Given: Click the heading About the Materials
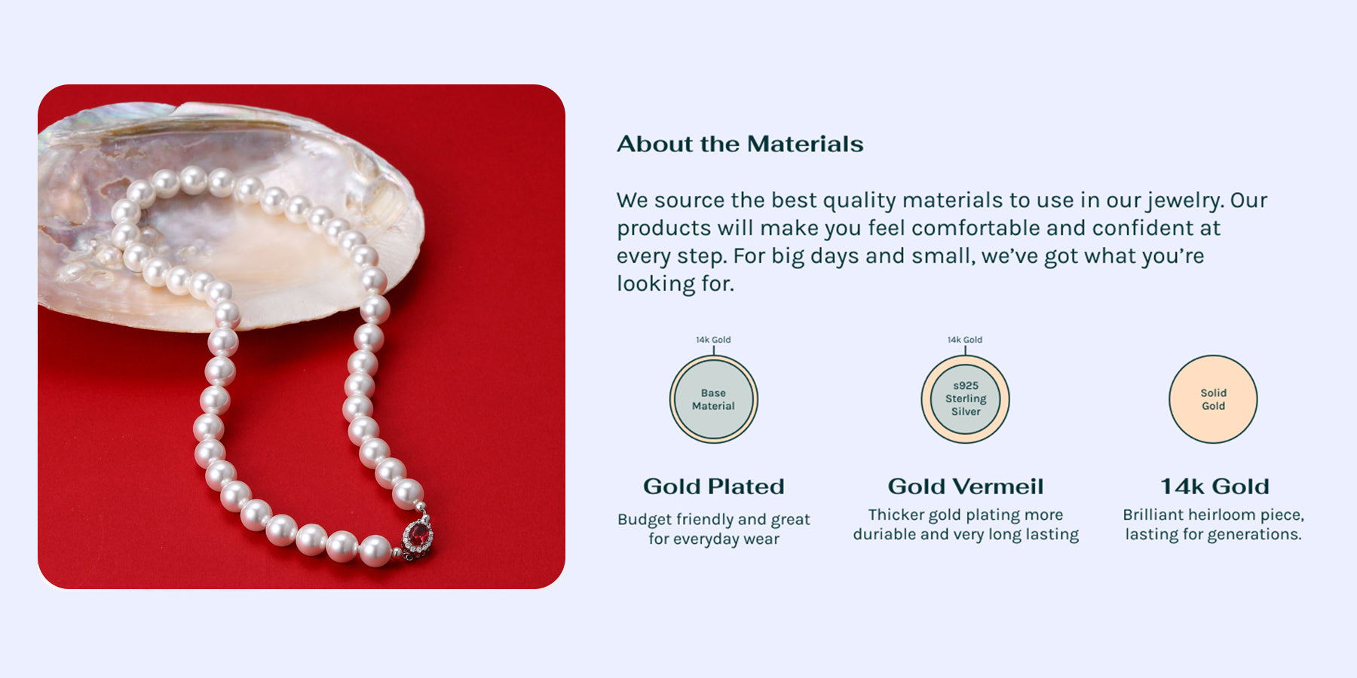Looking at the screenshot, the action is tap(740, 144).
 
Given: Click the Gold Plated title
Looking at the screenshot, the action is tap(714, 487).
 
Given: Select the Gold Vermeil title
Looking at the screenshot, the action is tap(966, 487).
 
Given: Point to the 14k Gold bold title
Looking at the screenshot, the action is tap(1215, 487).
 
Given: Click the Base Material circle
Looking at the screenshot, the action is tap(713, 399).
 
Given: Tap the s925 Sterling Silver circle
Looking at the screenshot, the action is tap(966, 399).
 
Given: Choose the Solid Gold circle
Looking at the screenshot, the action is tap(1213, 399).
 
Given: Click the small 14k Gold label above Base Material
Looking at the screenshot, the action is tap(713, 340).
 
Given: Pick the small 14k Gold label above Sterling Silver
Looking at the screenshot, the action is tap(965, 340).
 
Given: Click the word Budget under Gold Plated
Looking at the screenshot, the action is tap(645, 520).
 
